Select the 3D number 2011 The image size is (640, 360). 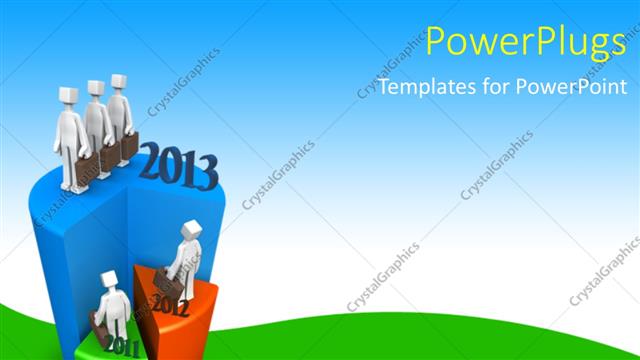coord(121,346)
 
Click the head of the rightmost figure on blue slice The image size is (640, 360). coord(119,83)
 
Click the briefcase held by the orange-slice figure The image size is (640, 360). coord(168,284)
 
